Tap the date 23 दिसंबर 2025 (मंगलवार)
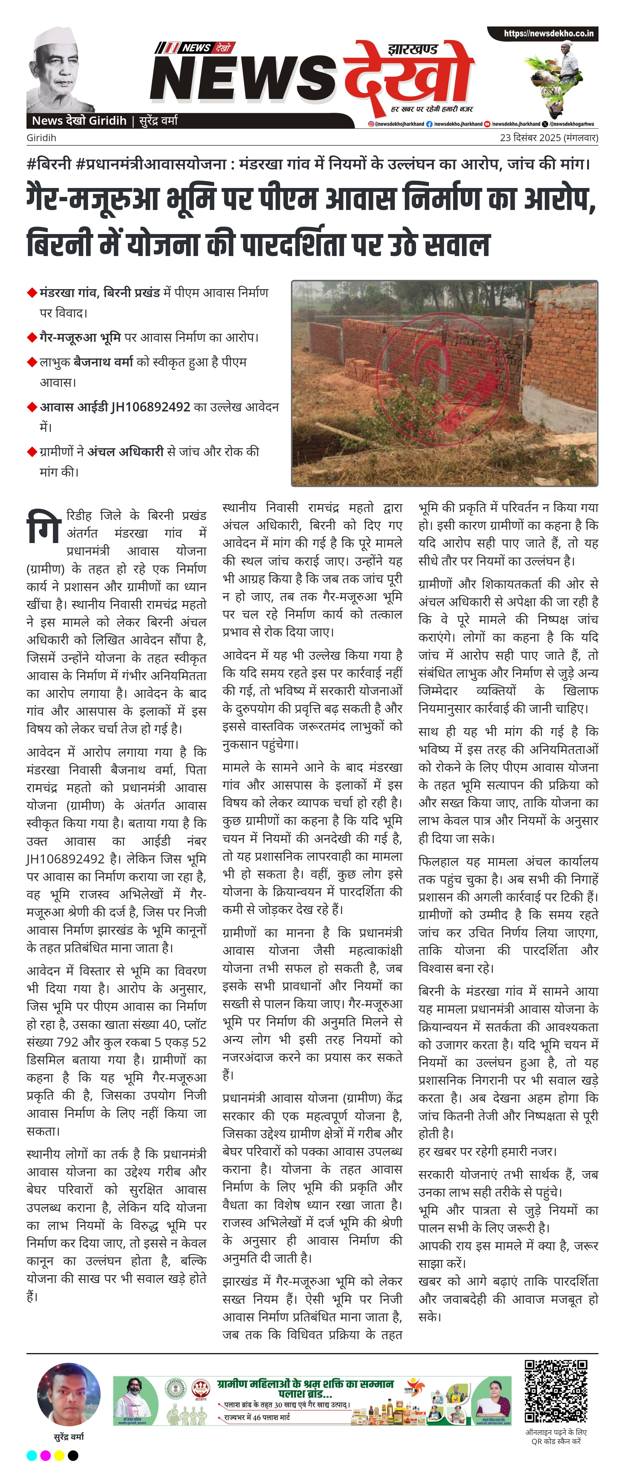tap(548, 138)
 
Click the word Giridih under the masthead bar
tap(41, 138)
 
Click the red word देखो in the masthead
tap(409, 77)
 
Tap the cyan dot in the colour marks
tap(32, 1455)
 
